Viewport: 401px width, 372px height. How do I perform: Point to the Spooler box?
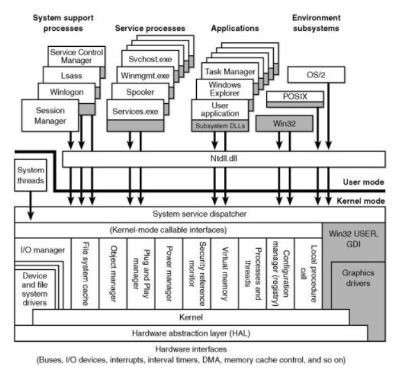[x=135, y=92]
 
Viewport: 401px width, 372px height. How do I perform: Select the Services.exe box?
[x=135, y=111]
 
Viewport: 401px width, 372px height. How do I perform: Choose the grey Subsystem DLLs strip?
[x=220, y=126]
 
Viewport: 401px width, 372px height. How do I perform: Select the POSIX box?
[x=295, y=96]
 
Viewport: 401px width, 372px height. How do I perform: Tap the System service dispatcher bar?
[x=200, y=214]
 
